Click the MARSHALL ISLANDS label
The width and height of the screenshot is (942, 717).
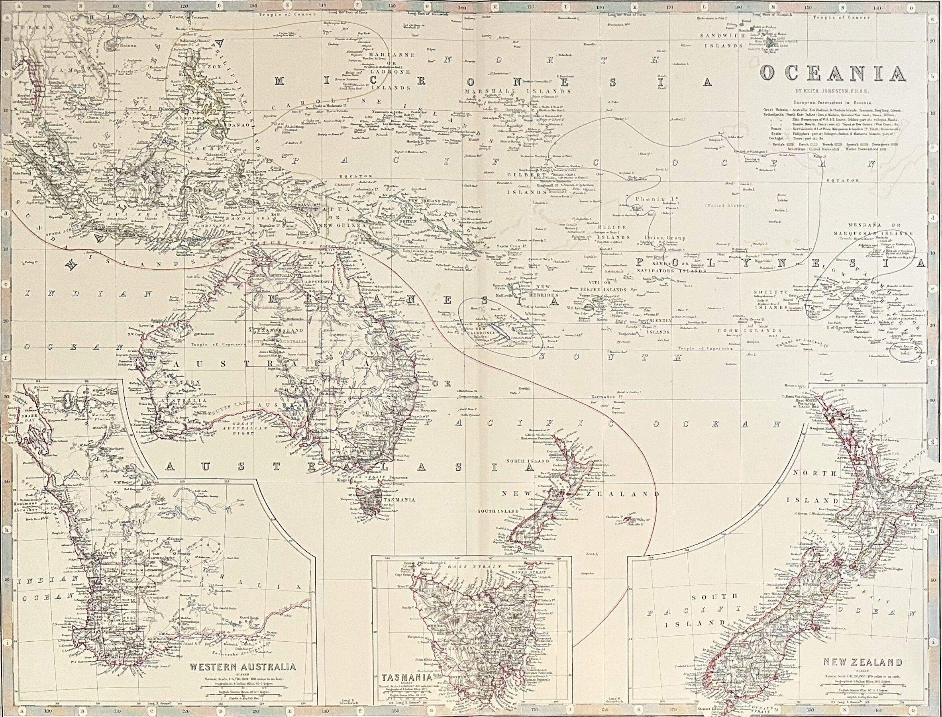pos(518,92)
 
